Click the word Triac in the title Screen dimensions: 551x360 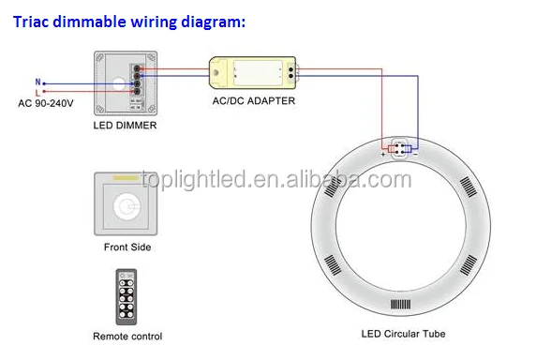pos(33,20)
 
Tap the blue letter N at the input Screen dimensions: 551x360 pos(37,82)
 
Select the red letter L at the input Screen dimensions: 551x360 pos(37,92)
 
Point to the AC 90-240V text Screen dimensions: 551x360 pos(45,102)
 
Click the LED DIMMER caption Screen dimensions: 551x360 pos(125,125)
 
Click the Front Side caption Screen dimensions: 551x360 pos(127,247)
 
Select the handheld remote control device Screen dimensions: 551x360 pos(127,296)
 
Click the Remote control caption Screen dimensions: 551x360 pos(127,337)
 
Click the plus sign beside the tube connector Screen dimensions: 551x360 pos(385,154)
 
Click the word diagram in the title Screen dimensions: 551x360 pos(212,20)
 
